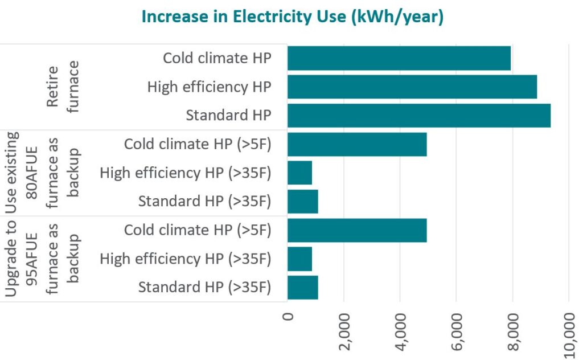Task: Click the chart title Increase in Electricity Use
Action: point(292,17)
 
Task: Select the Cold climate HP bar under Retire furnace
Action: point(399,58)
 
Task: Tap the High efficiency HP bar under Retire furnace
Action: point(412,87)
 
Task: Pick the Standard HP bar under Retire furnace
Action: point(418,116)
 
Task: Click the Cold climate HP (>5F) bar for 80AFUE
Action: point(357,144)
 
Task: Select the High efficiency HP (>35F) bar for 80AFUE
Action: point(299,173)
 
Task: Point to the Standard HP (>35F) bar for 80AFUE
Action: point(302,201)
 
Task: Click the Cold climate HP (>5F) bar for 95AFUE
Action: point(357,230)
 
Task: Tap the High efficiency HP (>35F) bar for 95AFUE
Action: point(299,259)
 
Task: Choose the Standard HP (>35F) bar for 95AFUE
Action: point(302,287)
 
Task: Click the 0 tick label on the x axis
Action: point(288,316)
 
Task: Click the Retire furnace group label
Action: point(63,87)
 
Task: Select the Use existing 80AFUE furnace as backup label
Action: point(43,173)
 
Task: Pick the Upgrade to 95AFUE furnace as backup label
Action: point(43,259)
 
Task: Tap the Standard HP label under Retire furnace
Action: point(228,116)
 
